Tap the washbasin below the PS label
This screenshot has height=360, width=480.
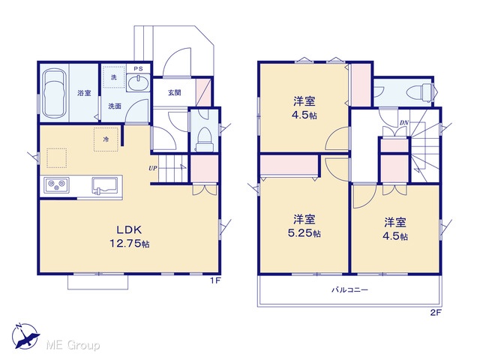click(x=138, y=82)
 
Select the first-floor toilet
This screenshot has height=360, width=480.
click(x=204, y=139)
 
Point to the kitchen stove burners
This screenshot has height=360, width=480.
click(x=57, y=184)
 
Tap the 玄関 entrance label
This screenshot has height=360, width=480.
click(x=174, y=92)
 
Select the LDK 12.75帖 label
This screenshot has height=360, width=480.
click(x=129, y=236)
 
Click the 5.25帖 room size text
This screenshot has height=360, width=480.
click(x=304, y=233)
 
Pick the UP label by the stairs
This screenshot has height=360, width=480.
click(x=153, y=168)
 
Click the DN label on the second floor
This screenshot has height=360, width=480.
click(x=403, y=123)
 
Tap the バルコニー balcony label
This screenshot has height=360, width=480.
click(x=350, y=289)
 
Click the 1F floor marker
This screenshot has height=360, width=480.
click(x=215, y=280)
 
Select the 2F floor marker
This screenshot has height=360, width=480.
click(x=436, y=313)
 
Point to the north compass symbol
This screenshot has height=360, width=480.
click(x=25, y=336)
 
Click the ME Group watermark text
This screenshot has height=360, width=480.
click(x=73, y=346)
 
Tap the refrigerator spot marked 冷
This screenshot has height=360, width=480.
click(x=106, y=139)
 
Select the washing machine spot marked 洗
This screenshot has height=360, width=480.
click(x=113, y=77)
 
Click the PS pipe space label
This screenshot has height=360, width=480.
click(x=138, y=69)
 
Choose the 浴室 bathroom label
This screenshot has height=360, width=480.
click(x=84, y=93)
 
